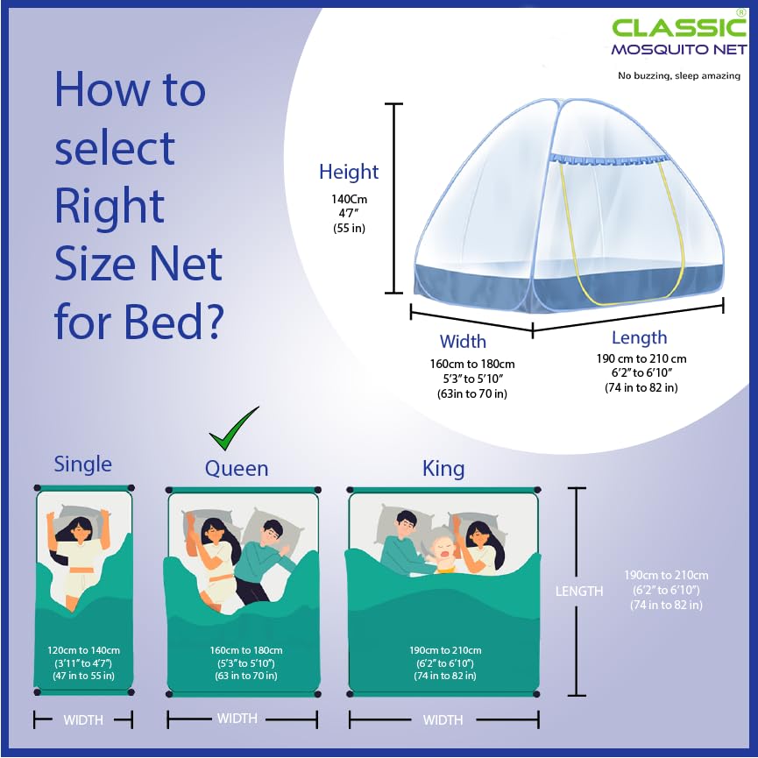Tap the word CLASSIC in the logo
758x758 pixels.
tap(679, 27)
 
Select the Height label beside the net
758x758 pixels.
tap(349, 172)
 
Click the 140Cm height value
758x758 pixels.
tap(349, 199)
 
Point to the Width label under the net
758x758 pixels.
tap(463, 341)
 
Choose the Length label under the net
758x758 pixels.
tap(639, 337)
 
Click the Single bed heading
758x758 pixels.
tap(82, 464)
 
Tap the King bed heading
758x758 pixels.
tap(443, 468)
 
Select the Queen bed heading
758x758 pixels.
tap(237, 469)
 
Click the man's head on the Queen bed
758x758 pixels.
tap(273, 532)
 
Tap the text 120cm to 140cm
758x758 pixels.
tap(83, 650)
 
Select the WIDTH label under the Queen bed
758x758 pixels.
tap(237, 719)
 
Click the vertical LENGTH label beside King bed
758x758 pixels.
tap(579, 592)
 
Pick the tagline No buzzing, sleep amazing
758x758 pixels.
tap(679, 75)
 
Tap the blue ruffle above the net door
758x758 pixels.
tap(610, 159)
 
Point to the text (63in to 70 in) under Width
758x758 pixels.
tap(471, 394)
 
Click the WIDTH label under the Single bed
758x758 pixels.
tap(83, 720)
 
